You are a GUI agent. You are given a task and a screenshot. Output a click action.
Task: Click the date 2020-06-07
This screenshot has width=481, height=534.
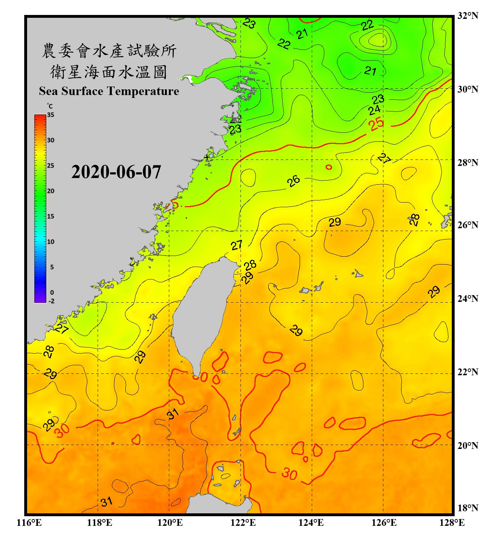point(116,172)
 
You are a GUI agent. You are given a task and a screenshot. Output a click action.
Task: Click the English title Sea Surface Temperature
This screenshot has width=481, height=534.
point(109,91)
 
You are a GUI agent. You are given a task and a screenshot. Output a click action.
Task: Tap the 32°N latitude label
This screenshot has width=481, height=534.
point(467,16)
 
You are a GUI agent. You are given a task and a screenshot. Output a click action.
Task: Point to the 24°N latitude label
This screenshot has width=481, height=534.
point(467,298)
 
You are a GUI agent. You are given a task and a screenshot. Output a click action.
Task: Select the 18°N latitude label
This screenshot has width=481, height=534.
point(467,508)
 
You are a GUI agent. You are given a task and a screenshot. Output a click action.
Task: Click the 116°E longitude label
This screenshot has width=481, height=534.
point(29,523)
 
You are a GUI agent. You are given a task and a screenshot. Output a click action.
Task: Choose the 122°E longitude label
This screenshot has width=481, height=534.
point(243,523)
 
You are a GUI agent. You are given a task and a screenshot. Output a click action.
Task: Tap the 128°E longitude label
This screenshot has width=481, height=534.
point(452,523)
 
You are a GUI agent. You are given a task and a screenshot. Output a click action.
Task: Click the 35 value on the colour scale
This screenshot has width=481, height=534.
point(51,115)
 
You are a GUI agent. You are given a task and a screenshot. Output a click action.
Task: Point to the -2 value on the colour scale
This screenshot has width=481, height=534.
point(51,301)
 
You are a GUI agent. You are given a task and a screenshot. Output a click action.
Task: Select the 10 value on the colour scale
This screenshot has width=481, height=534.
point(51,242)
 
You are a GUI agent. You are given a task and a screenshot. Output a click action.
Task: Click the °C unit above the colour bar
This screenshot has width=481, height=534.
point(50,106)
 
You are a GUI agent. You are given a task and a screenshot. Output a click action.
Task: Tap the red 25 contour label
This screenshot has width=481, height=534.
point(376,124)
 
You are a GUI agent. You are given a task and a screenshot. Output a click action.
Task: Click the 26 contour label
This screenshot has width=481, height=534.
point(294,181)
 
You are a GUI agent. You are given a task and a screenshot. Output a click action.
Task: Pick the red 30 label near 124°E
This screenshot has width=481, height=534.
point(289,474)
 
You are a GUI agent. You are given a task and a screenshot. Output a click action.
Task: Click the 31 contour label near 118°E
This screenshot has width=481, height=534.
point(107,502)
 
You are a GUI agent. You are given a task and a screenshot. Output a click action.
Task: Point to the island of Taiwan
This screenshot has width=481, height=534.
point(201,313)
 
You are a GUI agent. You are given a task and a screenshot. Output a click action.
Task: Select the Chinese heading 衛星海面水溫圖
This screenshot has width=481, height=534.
point(109,72)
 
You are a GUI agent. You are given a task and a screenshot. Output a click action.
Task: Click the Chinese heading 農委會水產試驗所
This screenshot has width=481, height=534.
point(109,51)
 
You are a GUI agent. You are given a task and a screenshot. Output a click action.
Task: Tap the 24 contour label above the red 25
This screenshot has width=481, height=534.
point(374,110)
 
